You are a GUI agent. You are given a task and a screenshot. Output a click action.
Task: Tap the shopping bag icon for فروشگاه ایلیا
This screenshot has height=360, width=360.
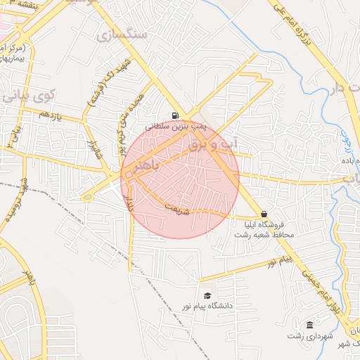264,214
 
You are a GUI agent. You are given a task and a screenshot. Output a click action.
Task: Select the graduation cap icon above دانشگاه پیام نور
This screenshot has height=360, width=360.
207,296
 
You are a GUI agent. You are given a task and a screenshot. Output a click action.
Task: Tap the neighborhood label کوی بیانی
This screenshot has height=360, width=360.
29,92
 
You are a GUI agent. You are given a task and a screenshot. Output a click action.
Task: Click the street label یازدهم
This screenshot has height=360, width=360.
51,115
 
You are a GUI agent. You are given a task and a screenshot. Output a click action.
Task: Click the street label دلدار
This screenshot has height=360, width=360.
129,206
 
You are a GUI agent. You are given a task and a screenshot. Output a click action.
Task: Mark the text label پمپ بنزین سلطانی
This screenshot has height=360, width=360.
175,127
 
